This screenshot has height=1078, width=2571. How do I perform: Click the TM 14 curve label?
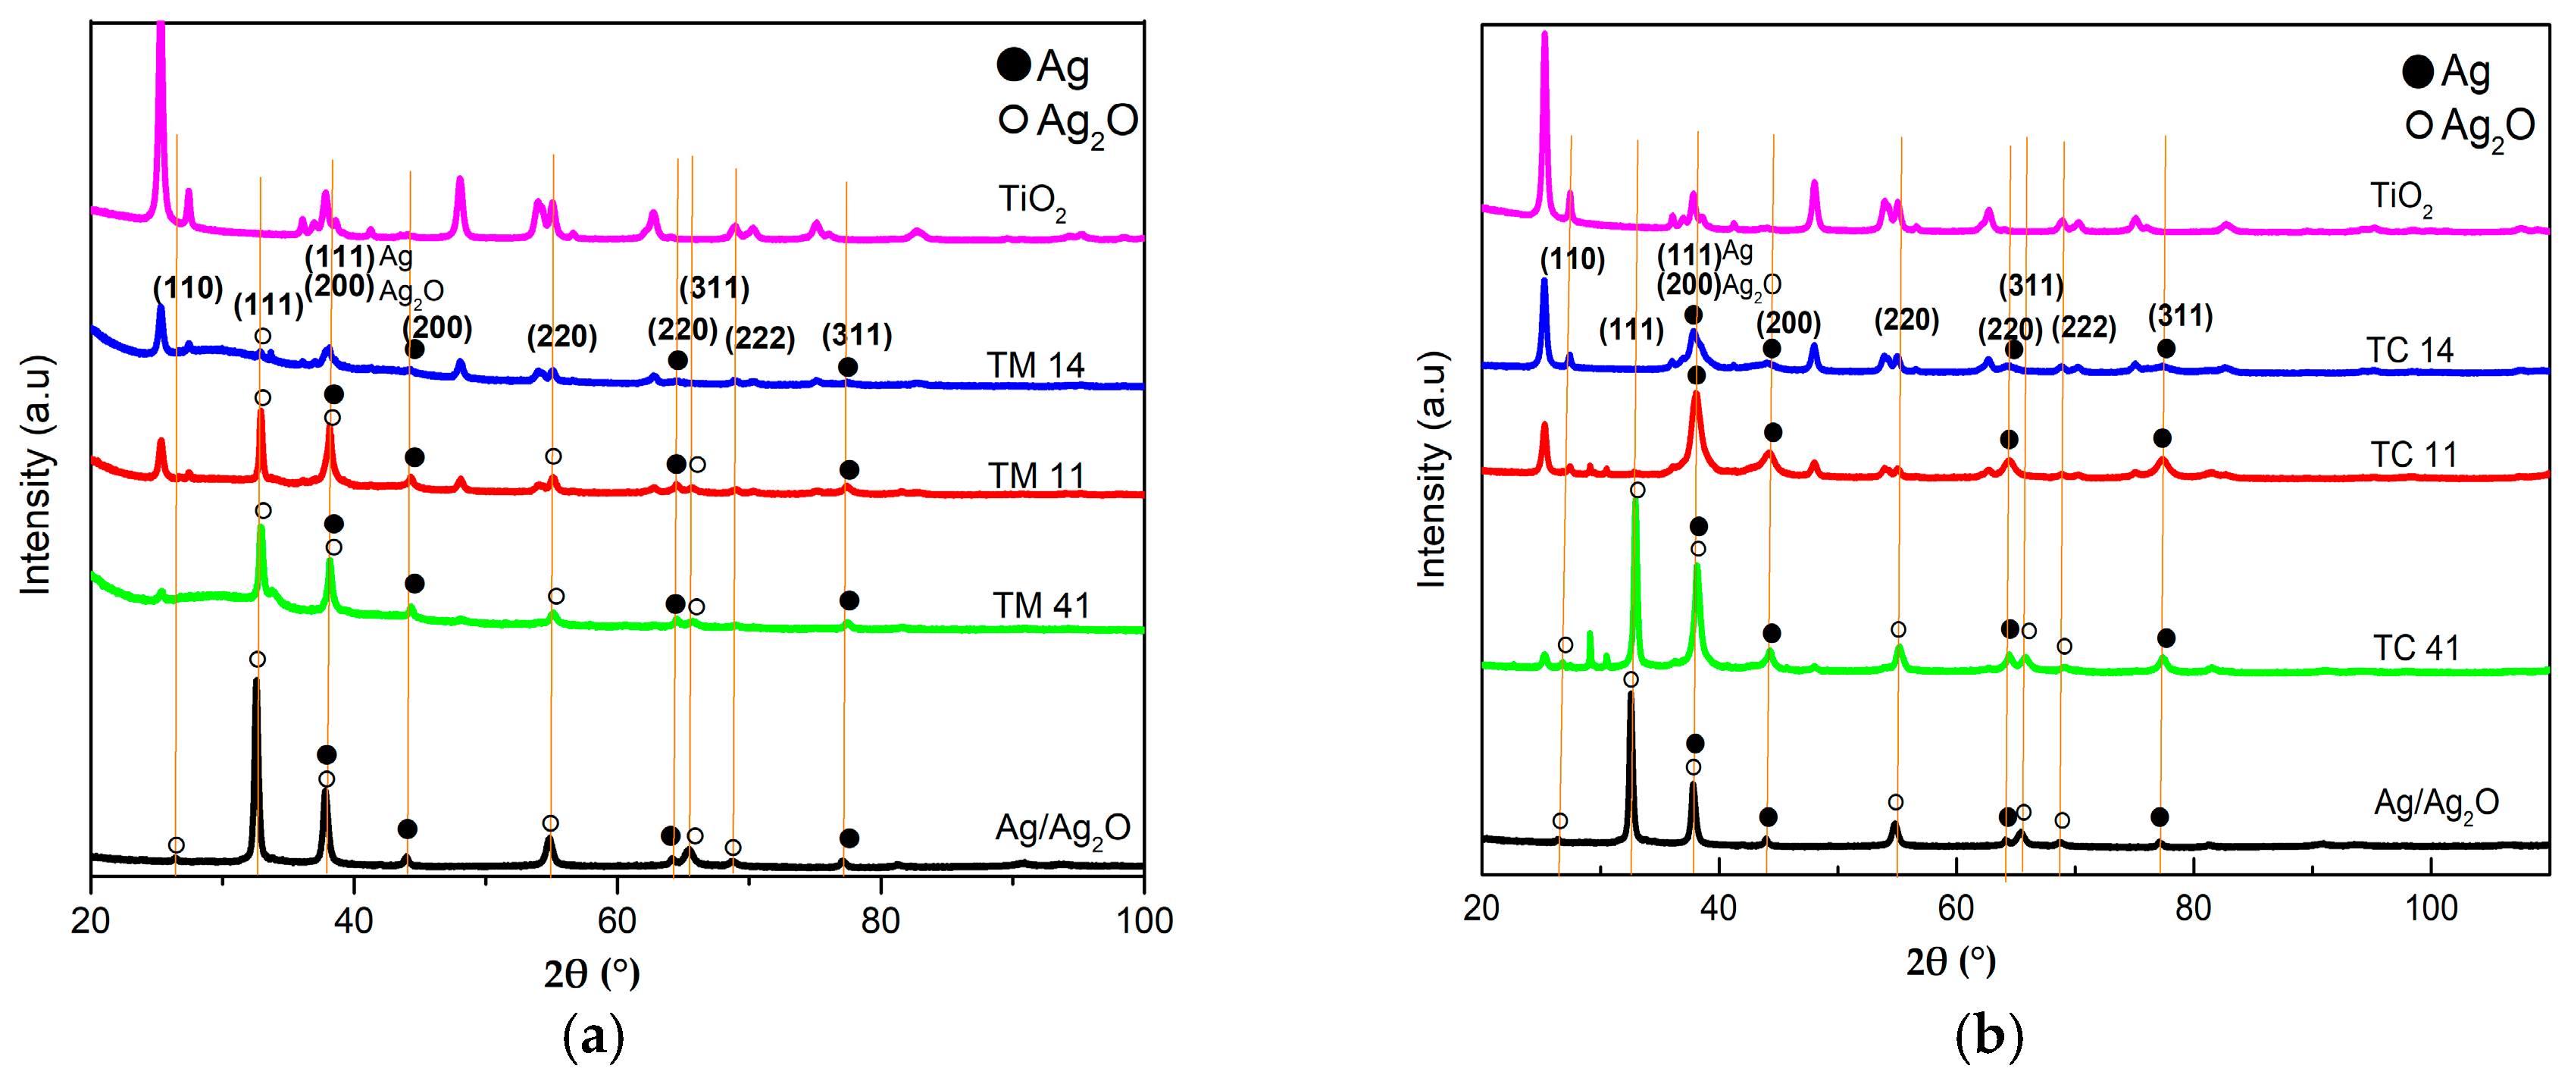(x=1035, y=365)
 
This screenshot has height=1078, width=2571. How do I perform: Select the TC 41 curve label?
(x=2416, y=648)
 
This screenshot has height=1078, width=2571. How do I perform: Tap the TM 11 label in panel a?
(x=1036, y=476)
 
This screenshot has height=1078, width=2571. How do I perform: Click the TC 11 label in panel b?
(x=2413, y=455)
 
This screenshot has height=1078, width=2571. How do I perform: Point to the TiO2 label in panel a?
(x=1032, y=201)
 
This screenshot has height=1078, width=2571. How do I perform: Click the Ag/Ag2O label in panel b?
(x=2435, y=804)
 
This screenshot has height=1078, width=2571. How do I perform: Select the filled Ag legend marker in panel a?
(x=1013, y=66)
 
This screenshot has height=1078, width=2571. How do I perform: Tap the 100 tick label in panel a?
(x=1143, y=920)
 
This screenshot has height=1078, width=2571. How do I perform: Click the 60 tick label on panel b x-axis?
(x=1955, y=907)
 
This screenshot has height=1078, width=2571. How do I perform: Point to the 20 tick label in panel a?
(x=91, y=920)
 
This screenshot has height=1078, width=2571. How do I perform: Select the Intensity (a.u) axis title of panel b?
(x=1431, y=469)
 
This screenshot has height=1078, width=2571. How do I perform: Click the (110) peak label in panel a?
(x=188, y=289)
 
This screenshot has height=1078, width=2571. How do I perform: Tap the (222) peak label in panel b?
(x=2084, y=327)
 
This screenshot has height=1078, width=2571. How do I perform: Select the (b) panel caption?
(x=1988, y=1037)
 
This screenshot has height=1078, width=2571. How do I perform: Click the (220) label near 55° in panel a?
(x=562, y=337)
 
